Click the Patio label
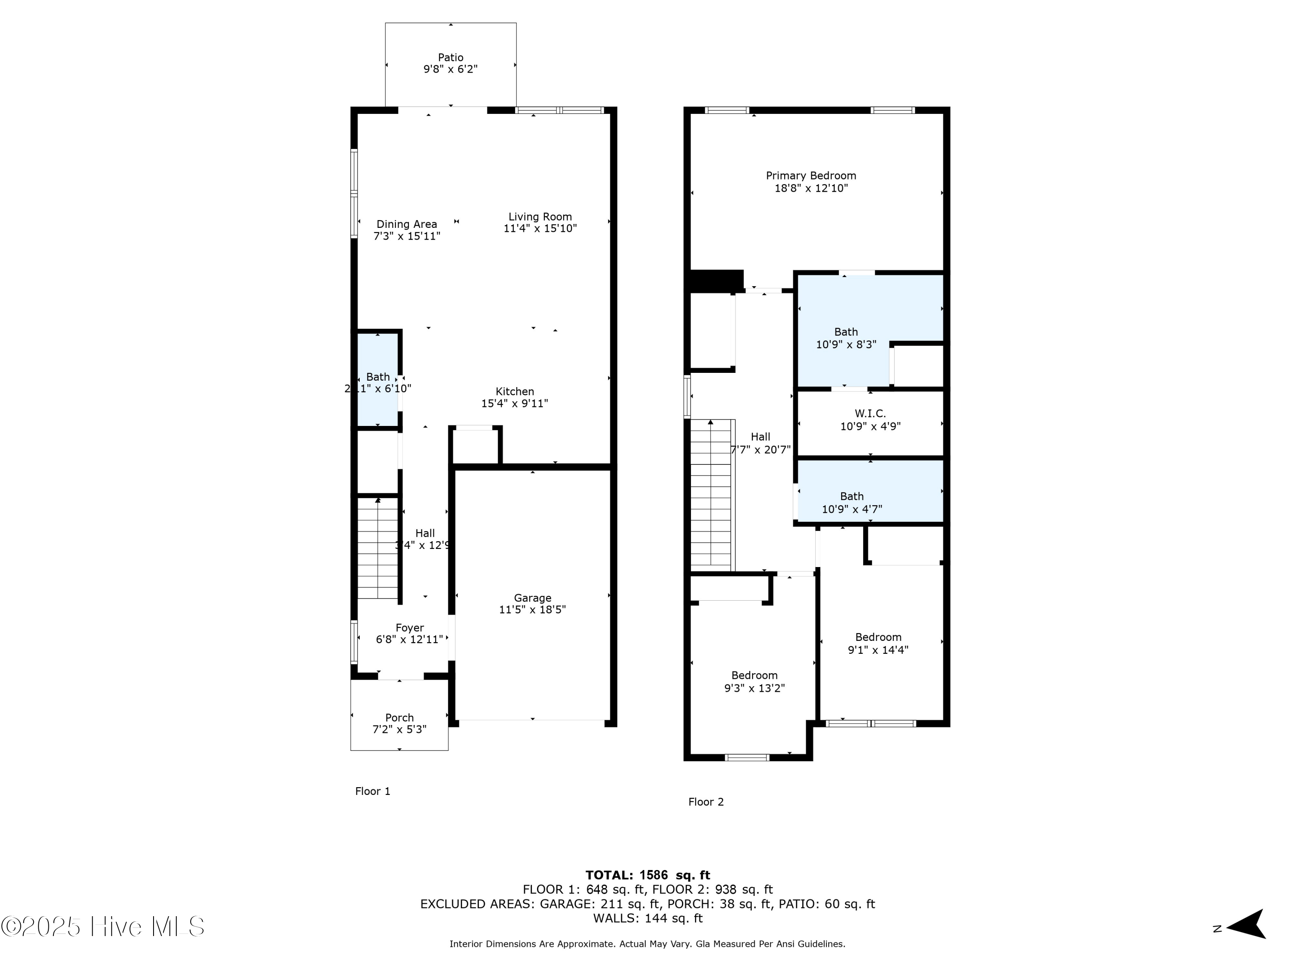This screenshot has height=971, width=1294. (x=450, y=57)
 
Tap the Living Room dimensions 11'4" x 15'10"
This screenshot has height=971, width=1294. (x=540, y=229)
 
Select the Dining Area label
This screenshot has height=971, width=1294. (x=407, y=224)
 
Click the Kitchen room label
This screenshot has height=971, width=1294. (x=515, y=391)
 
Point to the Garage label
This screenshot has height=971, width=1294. (x=532, y=598)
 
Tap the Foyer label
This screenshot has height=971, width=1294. (x=409, y=627)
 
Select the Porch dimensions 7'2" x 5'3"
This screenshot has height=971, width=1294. (x=399, y=729)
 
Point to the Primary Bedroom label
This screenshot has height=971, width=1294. (x=811, y=176)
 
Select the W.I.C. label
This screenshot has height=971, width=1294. (x=870, y=414)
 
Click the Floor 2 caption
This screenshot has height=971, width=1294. (x=706, y=802)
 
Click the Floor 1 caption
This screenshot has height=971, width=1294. (x=373, y=791)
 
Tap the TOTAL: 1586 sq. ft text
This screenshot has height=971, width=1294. (x=647, y=875)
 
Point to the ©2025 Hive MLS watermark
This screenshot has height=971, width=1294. (x=103, y=927)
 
